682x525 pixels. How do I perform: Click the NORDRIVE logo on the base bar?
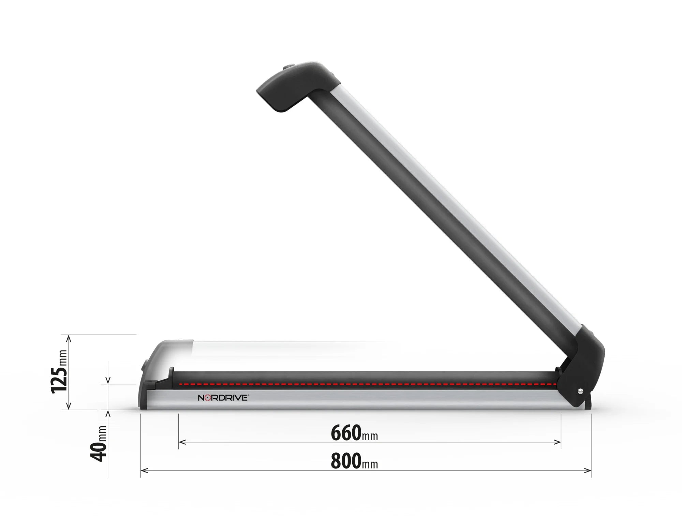(x=223, y=398)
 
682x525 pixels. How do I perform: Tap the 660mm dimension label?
(x=354, y=433)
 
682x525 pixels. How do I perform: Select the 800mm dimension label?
(x=354, y=462)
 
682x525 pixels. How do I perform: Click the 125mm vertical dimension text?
(x=59, y=371)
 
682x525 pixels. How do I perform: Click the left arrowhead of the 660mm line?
(x=181, y=442)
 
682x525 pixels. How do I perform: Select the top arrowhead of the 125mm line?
(x=69, y=338)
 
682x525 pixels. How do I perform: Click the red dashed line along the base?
(x=368, y=384)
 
